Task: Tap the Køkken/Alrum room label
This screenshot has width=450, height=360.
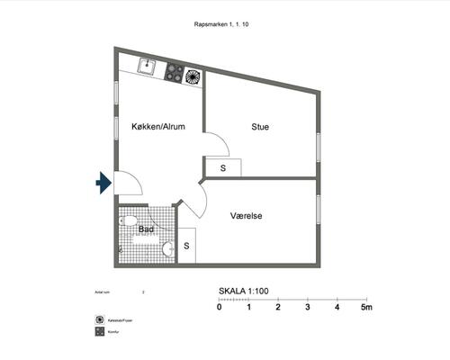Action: coord(158,128)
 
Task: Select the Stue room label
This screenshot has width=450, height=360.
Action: coord(260,128)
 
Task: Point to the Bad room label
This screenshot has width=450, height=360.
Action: coord(146,230)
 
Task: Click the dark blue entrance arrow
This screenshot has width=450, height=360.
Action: coord(103,184)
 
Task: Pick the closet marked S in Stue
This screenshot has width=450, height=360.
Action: coord(222,167)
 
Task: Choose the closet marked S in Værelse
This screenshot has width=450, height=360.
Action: coord(187,245)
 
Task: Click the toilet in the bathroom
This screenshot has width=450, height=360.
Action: coord(129,220)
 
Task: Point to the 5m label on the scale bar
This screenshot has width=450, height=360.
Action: coord(366,308)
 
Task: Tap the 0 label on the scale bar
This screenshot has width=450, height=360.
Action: coord(220,308)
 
